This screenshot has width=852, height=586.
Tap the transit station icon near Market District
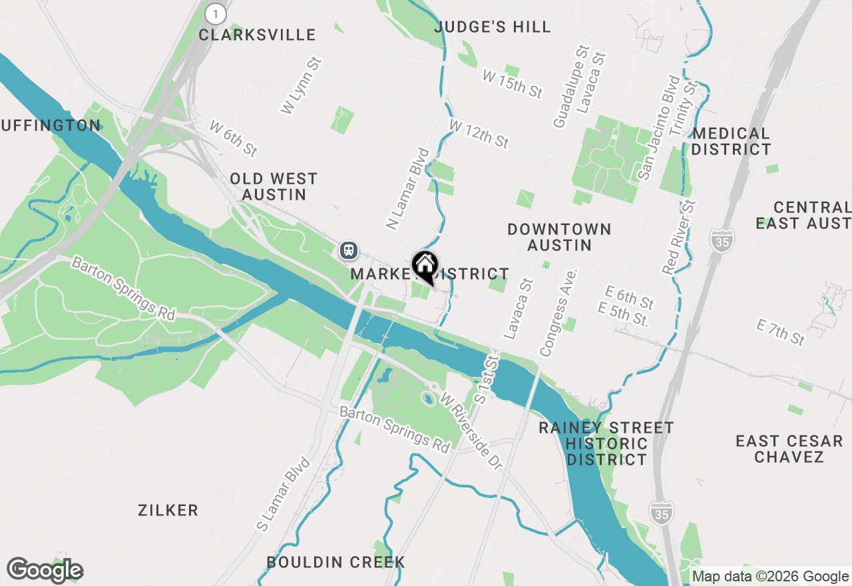point(349,250)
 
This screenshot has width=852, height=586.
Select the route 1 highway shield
point(216,13)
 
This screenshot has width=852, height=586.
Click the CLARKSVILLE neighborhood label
point(257,35)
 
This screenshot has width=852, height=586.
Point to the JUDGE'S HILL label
point(493,27)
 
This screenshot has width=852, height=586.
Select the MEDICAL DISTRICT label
point(730,141)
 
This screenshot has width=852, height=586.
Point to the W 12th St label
point(479,134)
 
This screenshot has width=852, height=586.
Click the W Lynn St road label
point(301,86)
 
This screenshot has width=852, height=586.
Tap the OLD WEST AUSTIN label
point(274,186)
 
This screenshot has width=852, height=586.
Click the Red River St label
point(679,237)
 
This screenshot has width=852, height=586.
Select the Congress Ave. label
point(558,312)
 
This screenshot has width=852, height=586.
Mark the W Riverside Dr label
point(470,431)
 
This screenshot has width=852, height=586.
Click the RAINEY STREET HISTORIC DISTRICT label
point(606,443)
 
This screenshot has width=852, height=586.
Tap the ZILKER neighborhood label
point(168,510)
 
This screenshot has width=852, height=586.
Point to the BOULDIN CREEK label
point(335,562)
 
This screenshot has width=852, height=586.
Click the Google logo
point(45,570)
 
